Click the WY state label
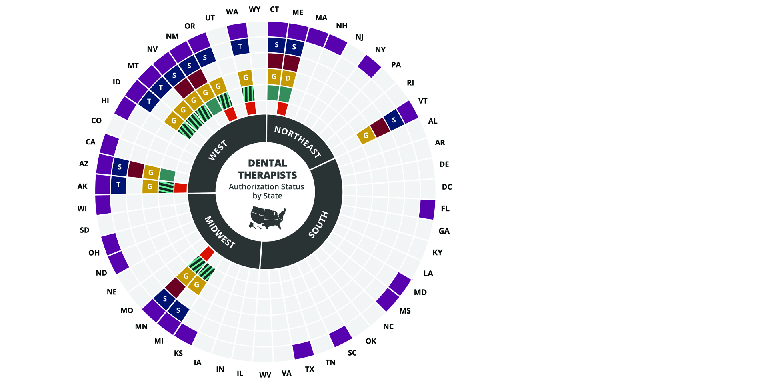click(254, 9)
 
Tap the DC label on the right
click(447, 187)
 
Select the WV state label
click(265, 375)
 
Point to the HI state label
click(105, 100)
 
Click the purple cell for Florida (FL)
click(427, 209)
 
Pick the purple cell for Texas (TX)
click(303, 350)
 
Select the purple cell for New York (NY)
click(369, 66)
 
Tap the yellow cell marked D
click(288, 78)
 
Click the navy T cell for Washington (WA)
click(240, 46)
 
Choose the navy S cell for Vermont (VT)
click(394, 120)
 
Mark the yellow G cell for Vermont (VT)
click(366, 135)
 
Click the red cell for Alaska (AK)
click(180, 188)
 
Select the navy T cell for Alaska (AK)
click(118, 185)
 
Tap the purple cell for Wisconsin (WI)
click(103, 204)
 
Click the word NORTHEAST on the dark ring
click(298, 142)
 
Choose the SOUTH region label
click(318, 225)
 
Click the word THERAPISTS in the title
click(268, 175)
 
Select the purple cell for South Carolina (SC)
click(340, 336)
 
